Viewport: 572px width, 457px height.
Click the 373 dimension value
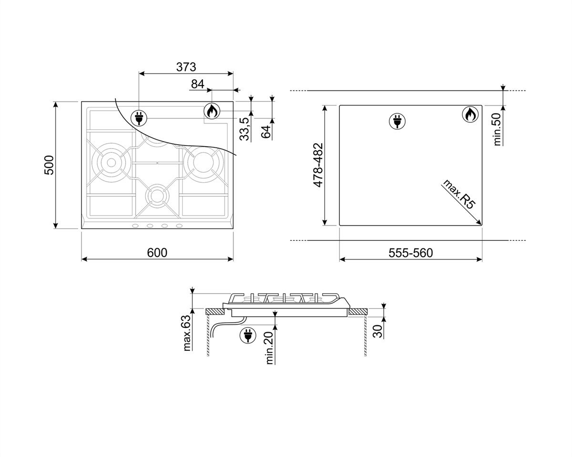(186, 67)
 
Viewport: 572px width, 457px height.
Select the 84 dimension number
(197, 84)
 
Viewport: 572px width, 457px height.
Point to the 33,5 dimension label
(245, 129)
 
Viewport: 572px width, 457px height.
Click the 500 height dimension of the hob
(50, 165)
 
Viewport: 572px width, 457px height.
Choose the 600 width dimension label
(157, 253)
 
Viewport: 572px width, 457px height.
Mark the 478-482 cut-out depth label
(319, 164)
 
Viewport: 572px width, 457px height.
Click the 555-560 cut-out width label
(410, 253)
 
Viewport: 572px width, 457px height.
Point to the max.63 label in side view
(187, 333)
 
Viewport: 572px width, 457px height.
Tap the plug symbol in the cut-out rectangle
(397, 121)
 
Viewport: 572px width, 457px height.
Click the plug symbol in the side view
(247, 335)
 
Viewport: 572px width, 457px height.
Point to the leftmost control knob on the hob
(136, 226)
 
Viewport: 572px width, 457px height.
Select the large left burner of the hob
(111, 162)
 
